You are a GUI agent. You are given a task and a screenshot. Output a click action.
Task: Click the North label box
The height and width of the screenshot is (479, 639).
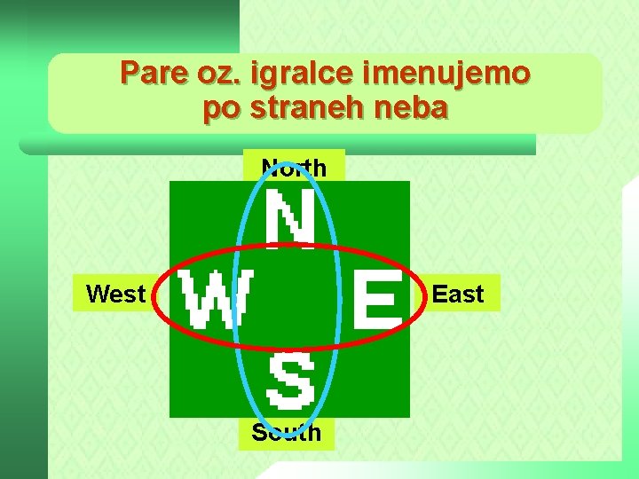294,167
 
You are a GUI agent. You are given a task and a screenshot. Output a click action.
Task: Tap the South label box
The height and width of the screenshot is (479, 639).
286,433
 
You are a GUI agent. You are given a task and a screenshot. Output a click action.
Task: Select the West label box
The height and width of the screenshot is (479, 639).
116,294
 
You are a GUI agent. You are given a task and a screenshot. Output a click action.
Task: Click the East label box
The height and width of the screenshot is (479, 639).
458,294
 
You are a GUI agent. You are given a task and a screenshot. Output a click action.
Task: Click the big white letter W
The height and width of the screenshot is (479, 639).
212,299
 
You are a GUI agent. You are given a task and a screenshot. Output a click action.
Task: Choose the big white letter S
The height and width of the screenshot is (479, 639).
291,381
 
